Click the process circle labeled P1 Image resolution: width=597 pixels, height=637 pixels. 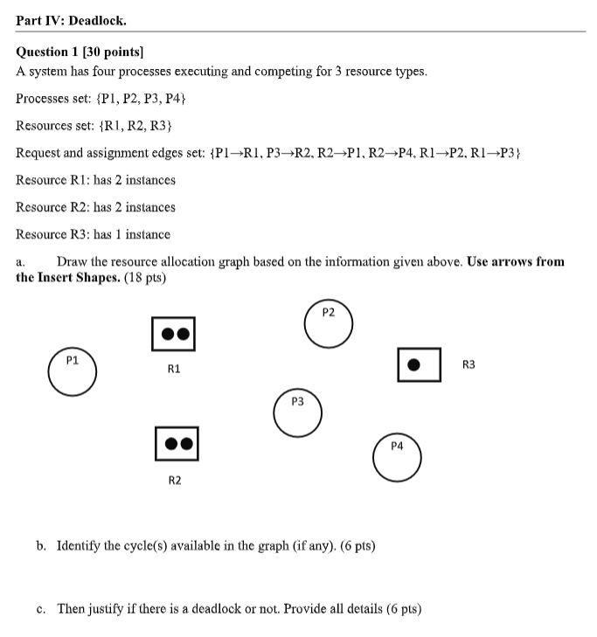[73, 371]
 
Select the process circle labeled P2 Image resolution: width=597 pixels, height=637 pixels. [329, 324]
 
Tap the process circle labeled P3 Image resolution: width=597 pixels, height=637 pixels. [297, 413]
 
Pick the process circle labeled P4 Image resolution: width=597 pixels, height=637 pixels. [397, 457]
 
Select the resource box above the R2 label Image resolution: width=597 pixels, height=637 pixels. [177, 444]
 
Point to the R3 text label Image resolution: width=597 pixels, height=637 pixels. [469, 364]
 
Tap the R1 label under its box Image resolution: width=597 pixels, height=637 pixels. [174, 369]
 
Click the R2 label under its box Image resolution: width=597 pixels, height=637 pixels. [175, 481]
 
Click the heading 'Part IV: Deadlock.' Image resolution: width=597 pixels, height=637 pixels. [71, 19]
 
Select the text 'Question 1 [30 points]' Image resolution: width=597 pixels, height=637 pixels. [80, 52]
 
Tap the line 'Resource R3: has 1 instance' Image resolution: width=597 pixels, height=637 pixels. [94, 234]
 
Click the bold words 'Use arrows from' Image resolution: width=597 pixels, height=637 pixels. [516, 261]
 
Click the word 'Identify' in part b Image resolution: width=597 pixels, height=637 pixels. [79, 546]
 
